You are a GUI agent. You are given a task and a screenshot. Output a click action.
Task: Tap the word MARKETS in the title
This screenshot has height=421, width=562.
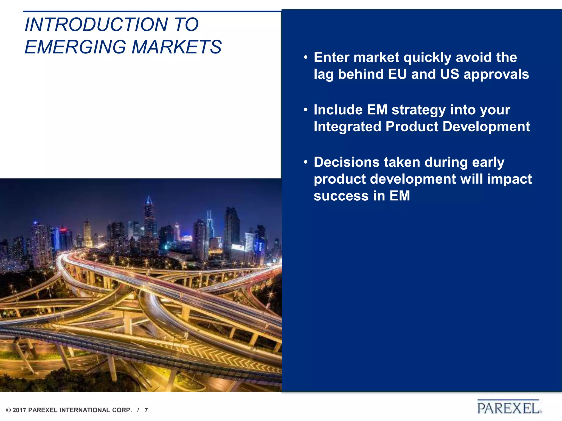177,47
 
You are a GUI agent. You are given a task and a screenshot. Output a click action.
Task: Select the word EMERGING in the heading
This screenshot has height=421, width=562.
75,47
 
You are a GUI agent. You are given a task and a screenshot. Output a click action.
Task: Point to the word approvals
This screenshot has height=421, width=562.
496,75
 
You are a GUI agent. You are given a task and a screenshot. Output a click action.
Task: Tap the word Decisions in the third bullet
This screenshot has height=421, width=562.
347,162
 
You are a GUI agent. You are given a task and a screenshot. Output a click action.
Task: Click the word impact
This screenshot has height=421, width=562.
509,179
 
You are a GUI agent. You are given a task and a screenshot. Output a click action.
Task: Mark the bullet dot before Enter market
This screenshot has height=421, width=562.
306,58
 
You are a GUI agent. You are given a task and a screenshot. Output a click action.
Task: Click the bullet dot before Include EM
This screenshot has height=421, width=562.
306,110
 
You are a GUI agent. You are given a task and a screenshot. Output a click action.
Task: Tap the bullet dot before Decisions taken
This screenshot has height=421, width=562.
306,162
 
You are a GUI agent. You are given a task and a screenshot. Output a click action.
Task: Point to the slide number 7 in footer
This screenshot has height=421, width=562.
146,410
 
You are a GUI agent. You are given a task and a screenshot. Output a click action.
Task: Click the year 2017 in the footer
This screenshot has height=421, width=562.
19,410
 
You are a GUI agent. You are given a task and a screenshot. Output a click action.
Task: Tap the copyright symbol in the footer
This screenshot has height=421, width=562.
9,410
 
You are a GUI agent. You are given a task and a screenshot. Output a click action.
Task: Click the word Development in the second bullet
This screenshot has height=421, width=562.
486,127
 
